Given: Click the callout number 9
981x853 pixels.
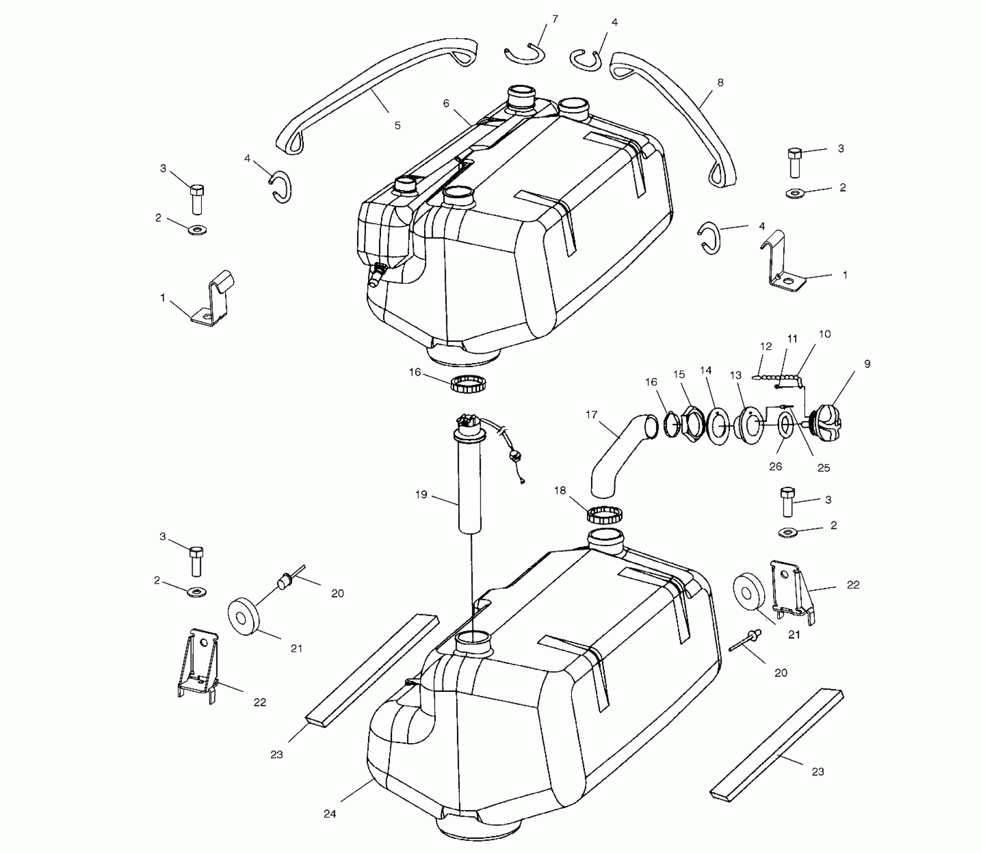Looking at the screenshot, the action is click(x=868, y=364).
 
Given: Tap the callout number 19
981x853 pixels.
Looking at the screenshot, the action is click(x=421, y=495).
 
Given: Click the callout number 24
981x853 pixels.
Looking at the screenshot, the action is click(x=329, y=814).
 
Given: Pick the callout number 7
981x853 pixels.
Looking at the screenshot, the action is click(x=555, y=19).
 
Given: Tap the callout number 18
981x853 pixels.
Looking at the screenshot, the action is click(x=560, y=491).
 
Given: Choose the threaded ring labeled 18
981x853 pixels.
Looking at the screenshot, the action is click(x=605, y=515).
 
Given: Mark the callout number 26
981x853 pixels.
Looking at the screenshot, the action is click(x=776, y=467).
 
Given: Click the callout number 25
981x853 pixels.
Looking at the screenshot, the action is click(x=823, y=468).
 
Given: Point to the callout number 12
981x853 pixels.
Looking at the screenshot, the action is click(x=766, y=347).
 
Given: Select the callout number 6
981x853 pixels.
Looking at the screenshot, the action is click(x=446, y=104).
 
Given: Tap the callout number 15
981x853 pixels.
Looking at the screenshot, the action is click(x=679, y=375).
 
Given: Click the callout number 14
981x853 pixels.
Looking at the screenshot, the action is click(x=706, y=371).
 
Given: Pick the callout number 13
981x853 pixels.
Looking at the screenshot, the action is click(x=735, y=375).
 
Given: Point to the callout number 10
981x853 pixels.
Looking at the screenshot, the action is click(x=824, y=334).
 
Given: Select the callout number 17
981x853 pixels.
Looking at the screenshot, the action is click(x=591, y=414).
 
